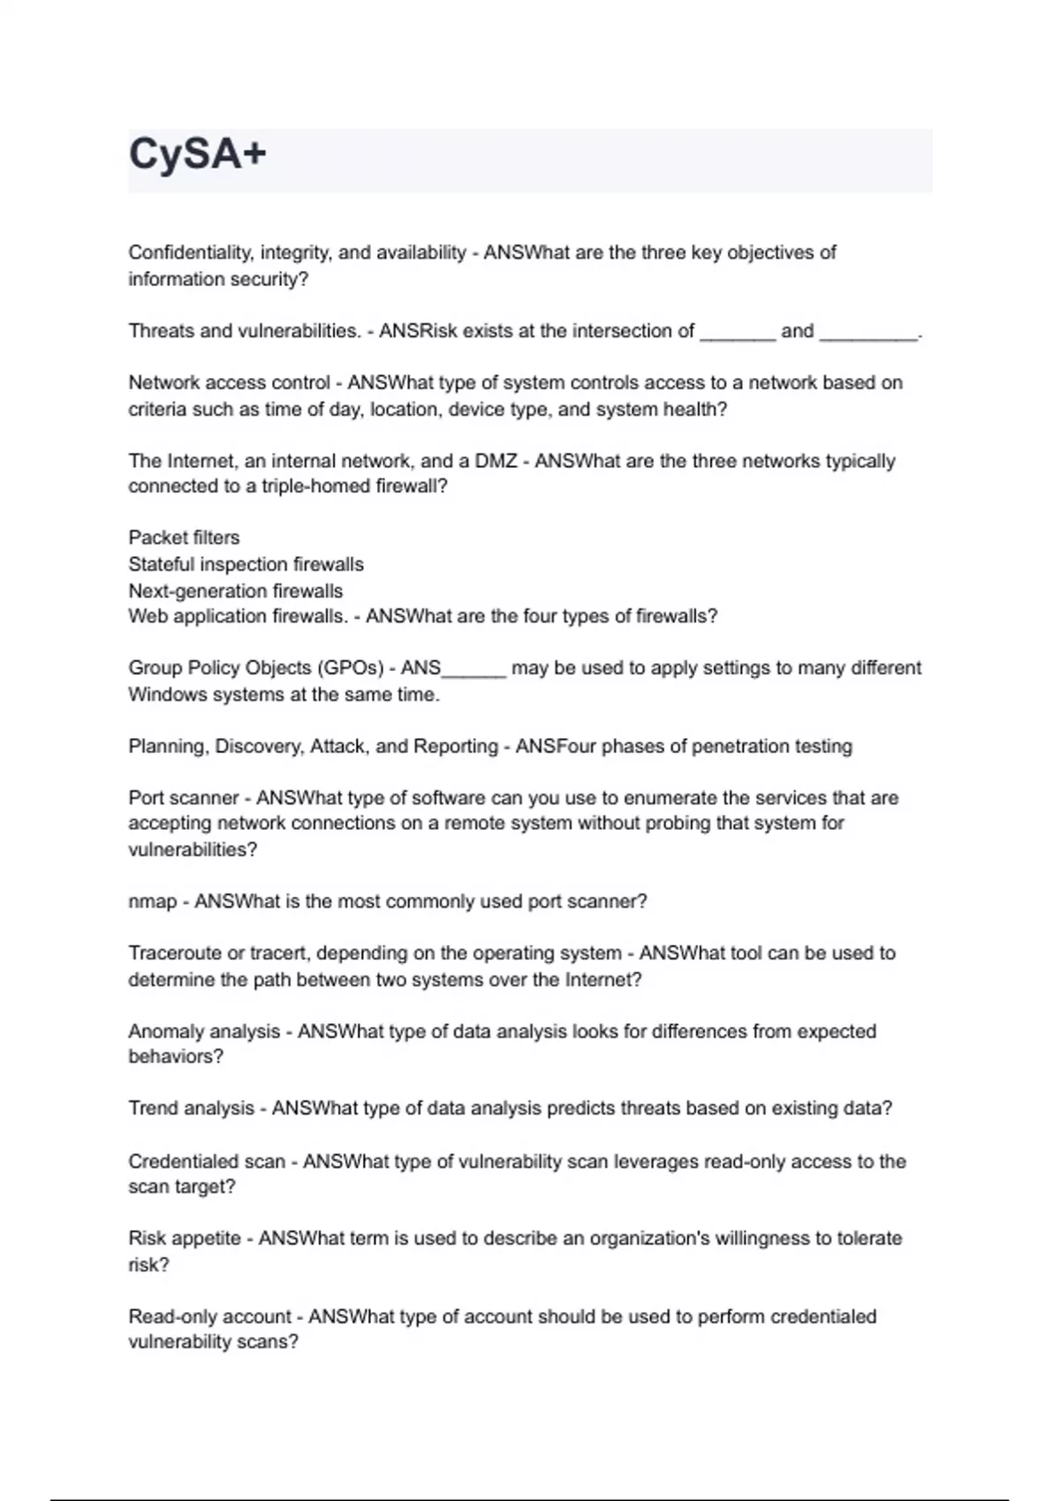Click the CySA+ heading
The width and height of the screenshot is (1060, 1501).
coord(197,155)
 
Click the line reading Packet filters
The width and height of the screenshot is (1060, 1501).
coord(184,538)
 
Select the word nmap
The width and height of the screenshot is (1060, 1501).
coord(152,901)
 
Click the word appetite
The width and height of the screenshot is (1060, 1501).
coord(204,1239)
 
